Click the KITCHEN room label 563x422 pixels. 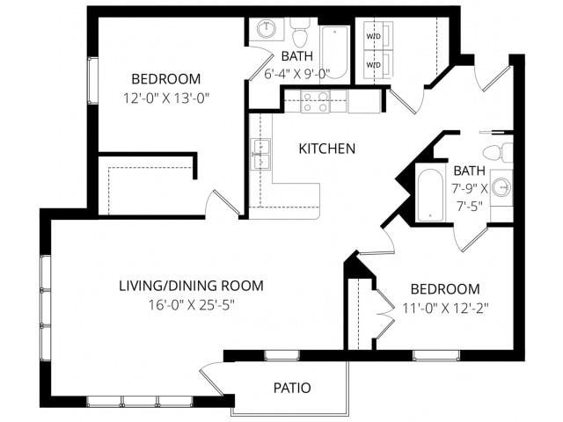(327, 149)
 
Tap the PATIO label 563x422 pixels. (291, 387)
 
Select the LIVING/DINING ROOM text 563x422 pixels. (191, 286)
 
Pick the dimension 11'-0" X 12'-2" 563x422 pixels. (445, 308)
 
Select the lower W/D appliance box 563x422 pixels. (374, 65)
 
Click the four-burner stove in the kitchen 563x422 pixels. (315, 102)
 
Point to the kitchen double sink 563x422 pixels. (260, 154)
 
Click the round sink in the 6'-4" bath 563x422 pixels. (267, 30)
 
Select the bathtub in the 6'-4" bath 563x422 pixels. (334, 51)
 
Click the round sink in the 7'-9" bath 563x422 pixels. (501, 186)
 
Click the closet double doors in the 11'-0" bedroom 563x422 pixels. (383, 314)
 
